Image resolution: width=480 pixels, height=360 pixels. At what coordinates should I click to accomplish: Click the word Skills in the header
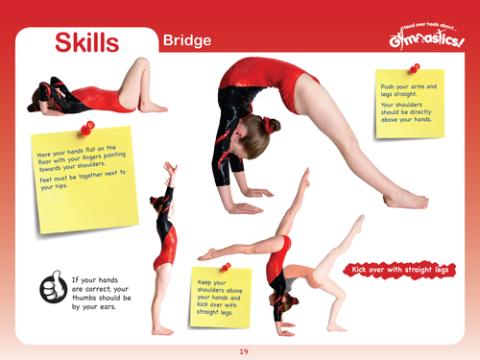tap(86, 42)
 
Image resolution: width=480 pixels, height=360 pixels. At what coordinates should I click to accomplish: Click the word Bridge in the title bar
tap(187, 41)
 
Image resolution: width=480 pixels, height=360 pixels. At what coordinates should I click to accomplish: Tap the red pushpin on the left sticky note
tap(88, 125)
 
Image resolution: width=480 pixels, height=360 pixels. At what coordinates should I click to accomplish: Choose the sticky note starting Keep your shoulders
tap(219, 294)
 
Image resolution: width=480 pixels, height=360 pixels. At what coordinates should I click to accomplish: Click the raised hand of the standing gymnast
tap(171, 168)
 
